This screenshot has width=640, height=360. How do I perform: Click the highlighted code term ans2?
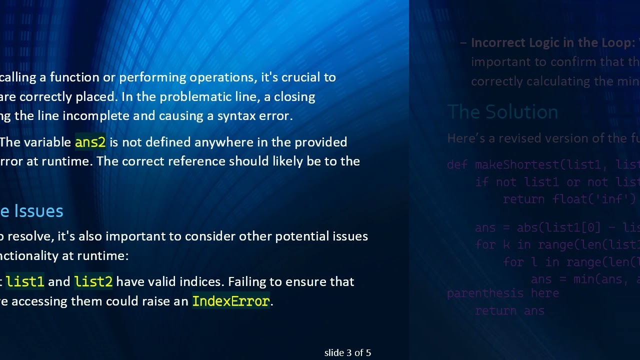[90, 142]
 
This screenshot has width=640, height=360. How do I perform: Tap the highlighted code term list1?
[25, 281]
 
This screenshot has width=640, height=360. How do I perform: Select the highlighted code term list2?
[93, 281]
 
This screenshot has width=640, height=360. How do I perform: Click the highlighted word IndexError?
[230, 301]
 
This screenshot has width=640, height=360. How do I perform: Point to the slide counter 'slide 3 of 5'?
[347, 353]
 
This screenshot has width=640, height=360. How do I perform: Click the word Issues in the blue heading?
[38, 211]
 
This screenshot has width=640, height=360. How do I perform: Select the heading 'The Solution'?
[502, 112]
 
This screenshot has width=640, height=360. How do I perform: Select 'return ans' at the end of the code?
[509, 310]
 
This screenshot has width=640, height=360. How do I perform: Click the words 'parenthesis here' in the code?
[502, 293]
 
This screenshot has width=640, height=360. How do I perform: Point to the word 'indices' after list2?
[202, 281]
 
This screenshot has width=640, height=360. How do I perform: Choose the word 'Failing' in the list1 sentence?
[247, 281]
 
